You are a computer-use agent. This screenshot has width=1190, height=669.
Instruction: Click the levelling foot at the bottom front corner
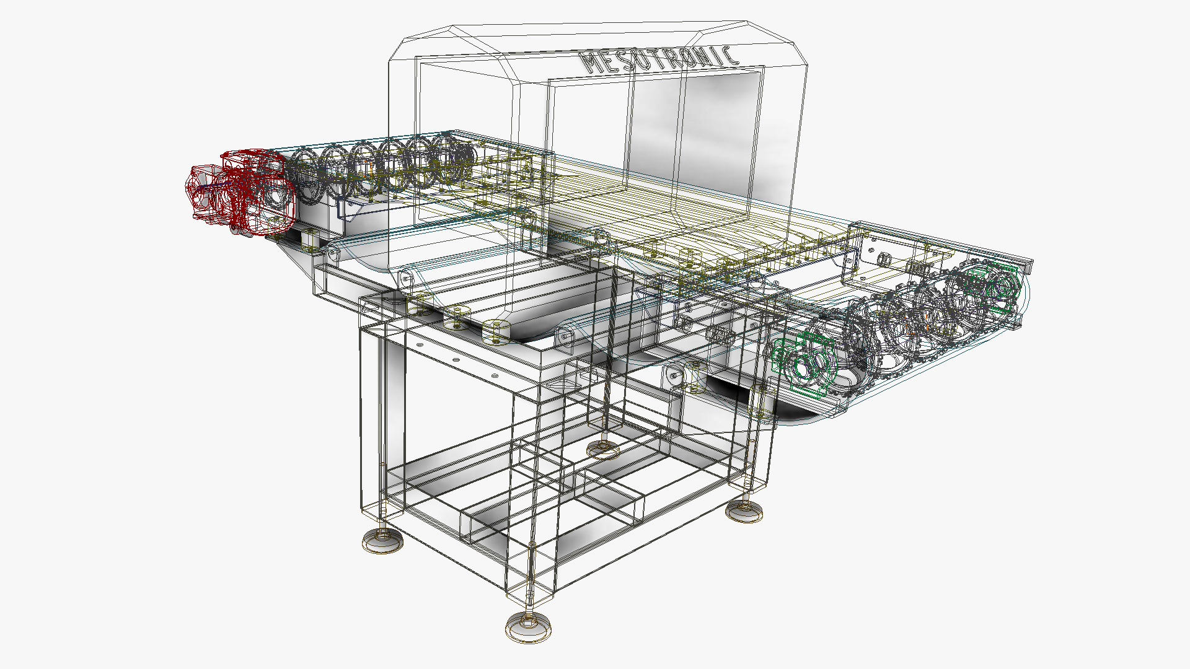pyautogui.click(x=527, y=627)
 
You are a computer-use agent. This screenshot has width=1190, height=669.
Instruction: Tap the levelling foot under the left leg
pyautogui.click(x=382, y=540)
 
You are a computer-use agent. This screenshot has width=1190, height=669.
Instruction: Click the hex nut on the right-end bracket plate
pyautogui.click(x=883, y=256)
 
